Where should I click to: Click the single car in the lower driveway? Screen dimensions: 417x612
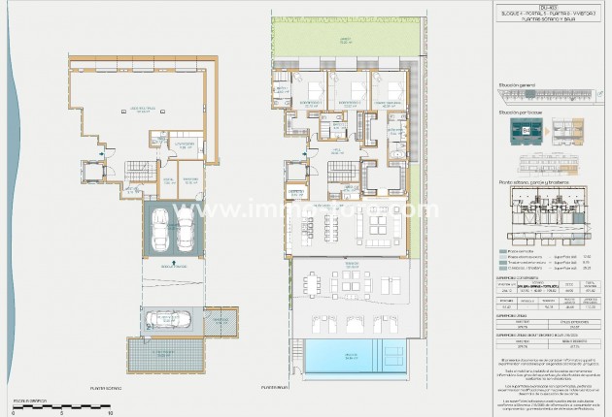(x=160, y=320)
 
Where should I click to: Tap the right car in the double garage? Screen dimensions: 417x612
(x=185, y=230)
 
